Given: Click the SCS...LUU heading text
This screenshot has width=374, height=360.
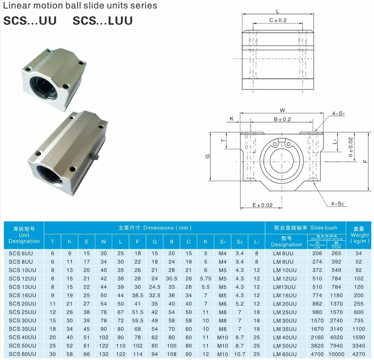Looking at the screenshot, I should tap(102, 21).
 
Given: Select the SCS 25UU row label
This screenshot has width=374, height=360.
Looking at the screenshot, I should tap(22, 312).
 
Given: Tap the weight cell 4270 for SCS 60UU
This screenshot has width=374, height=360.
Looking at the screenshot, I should tap(358, 354).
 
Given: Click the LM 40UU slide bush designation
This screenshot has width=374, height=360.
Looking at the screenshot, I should tap(284, 337).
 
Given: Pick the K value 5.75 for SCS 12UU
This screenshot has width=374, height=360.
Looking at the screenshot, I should tap(205, 278).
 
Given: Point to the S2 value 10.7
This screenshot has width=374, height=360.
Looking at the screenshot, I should tap(239, 354).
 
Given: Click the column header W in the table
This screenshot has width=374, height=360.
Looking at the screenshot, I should tap(103, 241).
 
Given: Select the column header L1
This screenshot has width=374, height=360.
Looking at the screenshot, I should tap(256, 241).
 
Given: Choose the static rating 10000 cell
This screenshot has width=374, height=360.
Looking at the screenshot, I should tap(336, 354).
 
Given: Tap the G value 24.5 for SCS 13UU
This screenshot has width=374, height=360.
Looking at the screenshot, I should tap(154, 287).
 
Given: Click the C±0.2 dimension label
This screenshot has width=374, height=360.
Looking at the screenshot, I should tap(278, 20).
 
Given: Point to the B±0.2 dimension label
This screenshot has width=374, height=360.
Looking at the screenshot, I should tap(282, 119).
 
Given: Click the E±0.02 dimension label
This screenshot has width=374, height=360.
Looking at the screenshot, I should tap(262, 205).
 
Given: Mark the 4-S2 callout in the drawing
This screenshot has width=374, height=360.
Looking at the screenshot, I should tap(337, 204).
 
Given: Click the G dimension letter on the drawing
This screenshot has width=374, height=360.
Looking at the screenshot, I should tap(207, 156).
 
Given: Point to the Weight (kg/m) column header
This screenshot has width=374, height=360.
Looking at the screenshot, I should tap(359, 235).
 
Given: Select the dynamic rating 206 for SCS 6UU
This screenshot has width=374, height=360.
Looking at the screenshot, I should tap(317, 253).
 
